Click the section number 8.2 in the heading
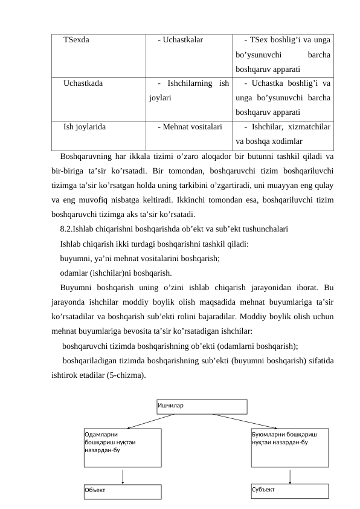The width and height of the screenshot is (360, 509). [x=66, y=229]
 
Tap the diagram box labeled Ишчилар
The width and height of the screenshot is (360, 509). [x=202, y=406]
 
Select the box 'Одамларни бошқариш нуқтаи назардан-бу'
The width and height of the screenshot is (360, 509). [x=123, y=447]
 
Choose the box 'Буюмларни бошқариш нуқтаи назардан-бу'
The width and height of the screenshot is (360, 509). [x=290, y=447]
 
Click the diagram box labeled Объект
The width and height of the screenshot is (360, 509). [x=123, y=491]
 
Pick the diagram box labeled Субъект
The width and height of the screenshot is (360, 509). [x=290, y=490]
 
